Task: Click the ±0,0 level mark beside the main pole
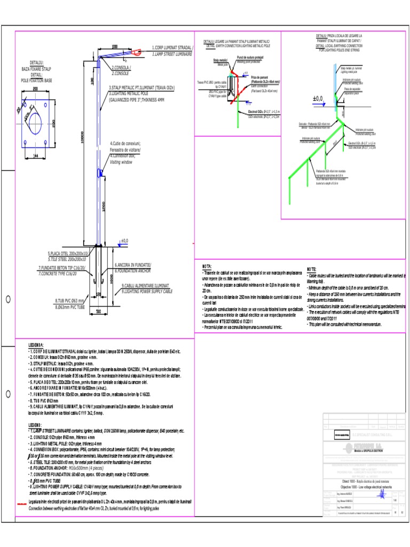point(124,241)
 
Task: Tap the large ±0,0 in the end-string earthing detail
point(318,99)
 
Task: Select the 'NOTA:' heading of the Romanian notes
point(207,266)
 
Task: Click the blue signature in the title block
point(382,495)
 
